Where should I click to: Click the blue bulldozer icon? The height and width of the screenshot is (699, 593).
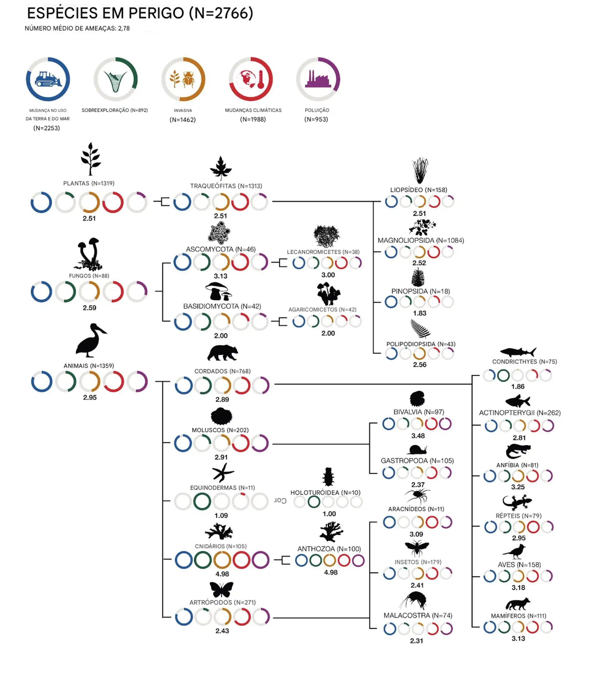click(48, 79)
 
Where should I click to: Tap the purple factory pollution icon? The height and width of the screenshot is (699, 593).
click(318, 79)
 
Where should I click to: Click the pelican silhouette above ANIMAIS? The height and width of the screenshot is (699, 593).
click(90, 340)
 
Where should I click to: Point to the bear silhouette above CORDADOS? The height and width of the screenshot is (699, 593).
click(223, 353)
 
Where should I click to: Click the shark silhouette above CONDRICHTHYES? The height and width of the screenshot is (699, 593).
click(518, 352)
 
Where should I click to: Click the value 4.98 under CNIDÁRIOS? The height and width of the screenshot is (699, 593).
click(222, 574)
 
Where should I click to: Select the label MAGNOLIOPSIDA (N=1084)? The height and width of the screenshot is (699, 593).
click(420, 240)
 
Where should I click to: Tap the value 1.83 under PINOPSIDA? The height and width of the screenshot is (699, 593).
click(419, 313)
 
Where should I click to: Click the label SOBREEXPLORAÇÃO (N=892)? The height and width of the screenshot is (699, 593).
click(115, 110)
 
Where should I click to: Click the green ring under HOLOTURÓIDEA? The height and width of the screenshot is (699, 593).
click(314, 502)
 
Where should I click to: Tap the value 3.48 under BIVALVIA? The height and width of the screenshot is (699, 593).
click(418, 436)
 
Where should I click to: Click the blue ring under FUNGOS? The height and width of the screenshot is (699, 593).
click(41, 292)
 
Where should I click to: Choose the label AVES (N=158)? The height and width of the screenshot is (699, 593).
click(519, 565)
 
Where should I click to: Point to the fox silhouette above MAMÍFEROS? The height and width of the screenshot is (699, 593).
click(518, 604)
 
